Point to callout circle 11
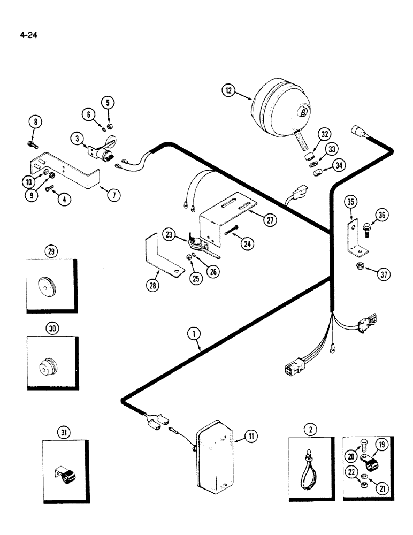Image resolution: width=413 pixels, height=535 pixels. [249, 437]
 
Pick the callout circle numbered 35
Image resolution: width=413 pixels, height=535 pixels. [350, 203]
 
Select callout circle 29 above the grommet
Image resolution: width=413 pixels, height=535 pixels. [51, 251]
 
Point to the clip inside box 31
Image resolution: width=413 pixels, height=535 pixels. [65, 473]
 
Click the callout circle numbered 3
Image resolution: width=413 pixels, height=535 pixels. [78, 139]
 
